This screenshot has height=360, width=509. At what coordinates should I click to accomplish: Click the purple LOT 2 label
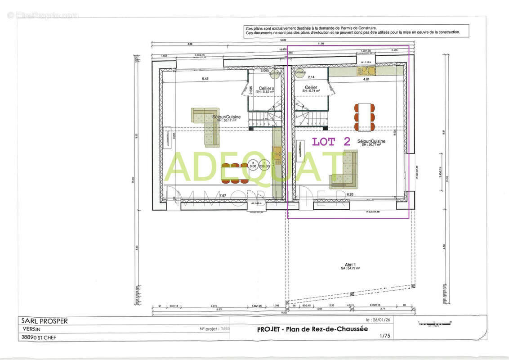click(331, 141)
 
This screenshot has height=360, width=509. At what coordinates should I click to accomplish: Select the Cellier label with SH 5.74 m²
click(311, 89)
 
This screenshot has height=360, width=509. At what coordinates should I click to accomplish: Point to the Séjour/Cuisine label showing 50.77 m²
click(371, 142)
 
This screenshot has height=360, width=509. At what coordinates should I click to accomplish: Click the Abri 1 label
click(348, 266)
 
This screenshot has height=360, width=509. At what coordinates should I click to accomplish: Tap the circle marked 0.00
click(253, 166)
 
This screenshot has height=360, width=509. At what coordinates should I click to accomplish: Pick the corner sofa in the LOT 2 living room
click(345, 171)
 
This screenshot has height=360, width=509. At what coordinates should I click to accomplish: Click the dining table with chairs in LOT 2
click(365, 117)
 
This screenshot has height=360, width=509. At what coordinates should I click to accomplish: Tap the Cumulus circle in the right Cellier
click(299, 72)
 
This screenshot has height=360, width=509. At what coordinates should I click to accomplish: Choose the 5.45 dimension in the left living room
click(205, 79)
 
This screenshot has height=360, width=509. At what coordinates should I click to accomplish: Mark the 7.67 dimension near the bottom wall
click(222, 195)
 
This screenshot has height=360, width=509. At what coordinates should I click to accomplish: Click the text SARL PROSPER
click(44, 321)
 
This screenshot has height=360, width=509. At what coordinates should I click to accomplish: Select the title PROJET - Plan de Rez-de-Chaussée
click(312, 329)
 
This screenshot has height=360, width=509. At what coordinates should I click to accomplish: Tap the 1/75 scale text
click(385, 336)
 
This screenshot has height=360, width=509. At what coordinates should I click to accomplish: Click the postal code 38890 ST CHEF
click(39, 337)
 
